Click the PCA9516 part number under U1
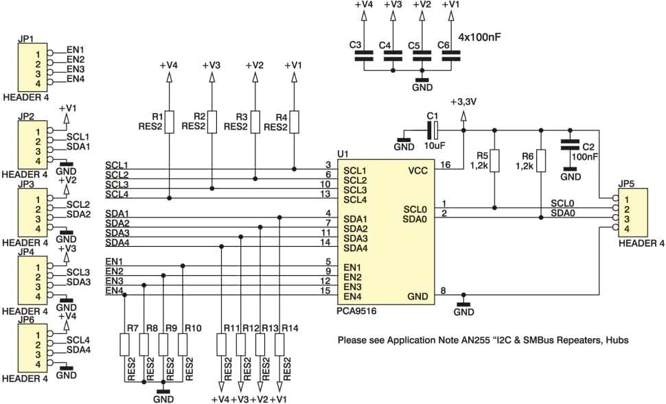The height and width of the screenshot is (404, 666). [356, 311]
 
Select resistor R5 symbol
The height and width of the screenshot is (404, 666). [494, 161]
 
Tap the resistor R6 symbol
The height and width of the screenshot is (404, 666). [540, 161]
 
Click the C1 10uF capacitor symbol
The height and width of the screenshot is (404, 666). [435, 130]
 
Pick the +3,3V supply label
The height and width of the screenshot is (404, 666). [464, 102]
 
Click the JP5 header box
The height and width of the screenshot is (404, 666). [632, 213]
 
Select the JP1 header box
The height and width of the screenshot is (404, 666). [32, 67]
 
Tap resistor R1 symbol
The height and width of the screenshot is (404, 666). [169, 122]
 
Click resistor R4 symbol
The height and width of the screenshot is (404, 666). [294, 122]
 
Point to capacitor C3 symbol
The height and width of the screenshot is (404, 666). [364, 56]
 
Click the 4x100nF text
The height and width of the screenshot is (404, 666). [479, 37]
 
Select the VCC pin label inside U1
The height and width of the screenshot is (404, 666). [418, 171]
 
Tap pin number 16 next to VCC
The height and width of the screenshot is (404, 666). [446, 165]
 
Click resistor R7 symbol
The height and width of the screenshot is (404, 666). [124, 344]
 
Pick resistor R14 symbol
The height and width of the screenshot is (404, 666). [279, 344]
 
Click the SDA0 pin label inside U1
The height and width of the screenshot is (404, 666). [415, 219]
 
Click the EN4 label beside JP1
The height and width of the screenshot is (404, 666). [76, 79]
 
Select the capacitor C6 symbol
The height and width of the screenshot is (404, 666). [450, 56]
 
